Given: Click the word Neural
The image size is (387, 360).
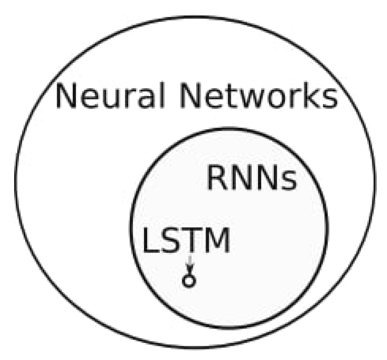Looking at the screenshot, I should pyautogui.click(x=109, y=97).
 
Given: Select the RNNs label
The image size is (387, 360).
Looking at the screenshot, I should pyautogui.click(x=251, y=179).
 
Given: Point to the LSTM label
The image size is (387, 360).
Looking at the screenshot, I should pyautogui.click(x=186, y=241).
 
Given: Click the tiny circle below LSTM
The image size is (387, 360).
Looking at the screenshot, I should pyautogui.click(x=189, y=281).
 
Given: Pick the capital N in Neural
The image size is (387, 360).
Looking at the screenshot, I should pyautogui.click(x=67, y=97).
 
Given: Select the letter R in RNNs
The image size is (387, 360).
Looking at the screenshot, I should pyautogui.click(x=218, y=179).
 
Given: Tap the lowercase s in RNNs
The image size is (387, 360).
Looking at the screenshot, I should pyautogui.click(x=288, y=182).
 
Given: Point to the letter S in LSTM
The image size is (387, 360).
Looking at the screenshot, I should pyautogui.click(x=170, y=241).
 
